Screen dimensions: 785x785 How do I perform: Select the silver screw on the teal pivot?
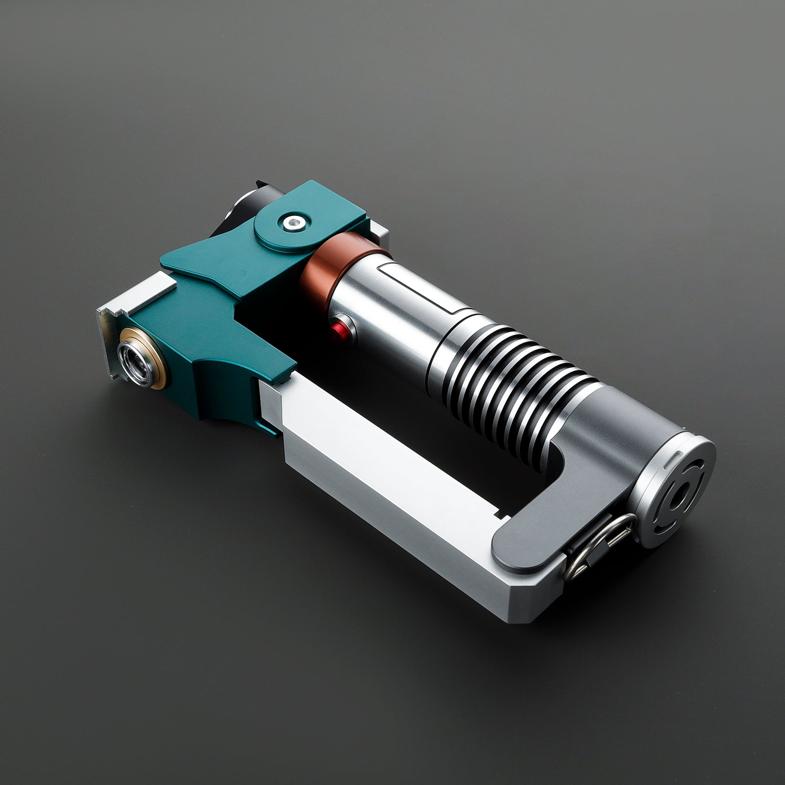point(293,222)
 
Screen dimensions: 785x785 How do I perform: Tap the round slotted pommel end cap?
point(675,496)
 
